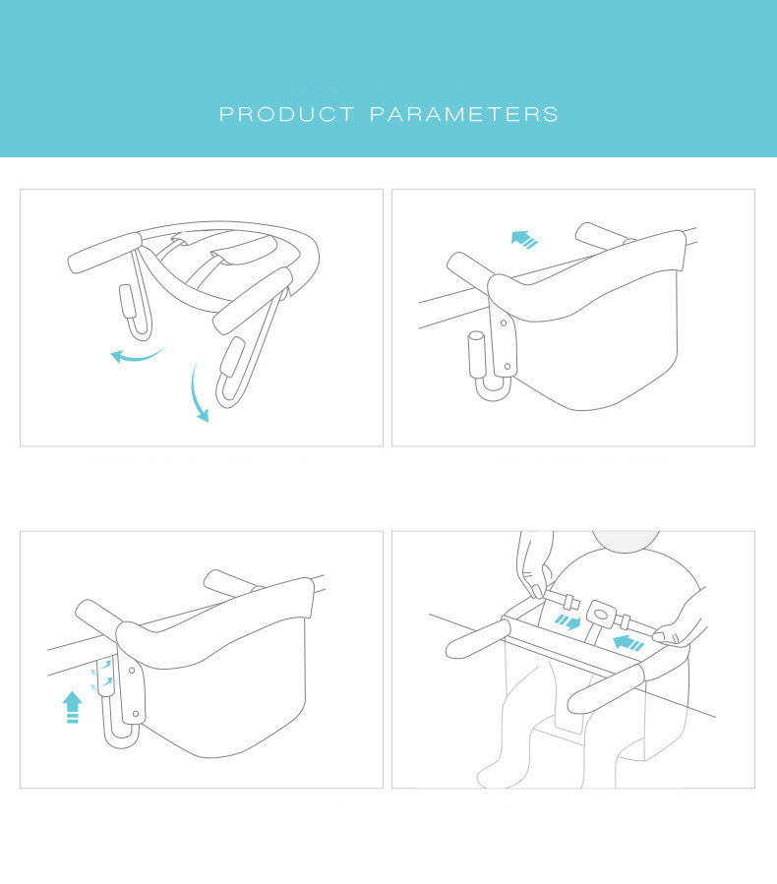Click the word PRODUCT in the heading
coord(286,114)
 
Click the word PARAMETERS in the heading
coord(464,114)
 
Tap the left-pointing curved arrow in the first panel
coord(136,356)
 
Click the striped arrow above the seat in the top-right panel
coord(524,239)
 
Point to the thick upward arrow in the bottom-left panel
coord(72,707)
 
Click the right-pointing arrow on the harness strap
coord(568,622)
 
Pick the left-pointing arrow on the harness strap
coord(628,642)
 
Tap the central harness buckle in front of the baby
coord(602,614)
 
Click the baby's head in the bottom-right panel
coord(626,540)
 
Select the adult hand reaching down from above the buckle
coord(534,563)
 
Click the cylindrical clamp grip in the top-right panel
coord(476,354)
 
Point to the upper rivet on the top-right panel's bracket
coord(504,324)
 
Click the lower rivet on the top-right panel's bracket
coord(508,367)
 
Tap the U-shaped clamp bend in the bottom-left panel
coord(121,738)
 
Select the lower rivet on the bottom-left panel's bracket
coord(136,714)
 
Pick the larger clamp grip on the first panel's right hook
coord(232,357)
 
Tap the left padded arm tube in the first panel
coord(105,253)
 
